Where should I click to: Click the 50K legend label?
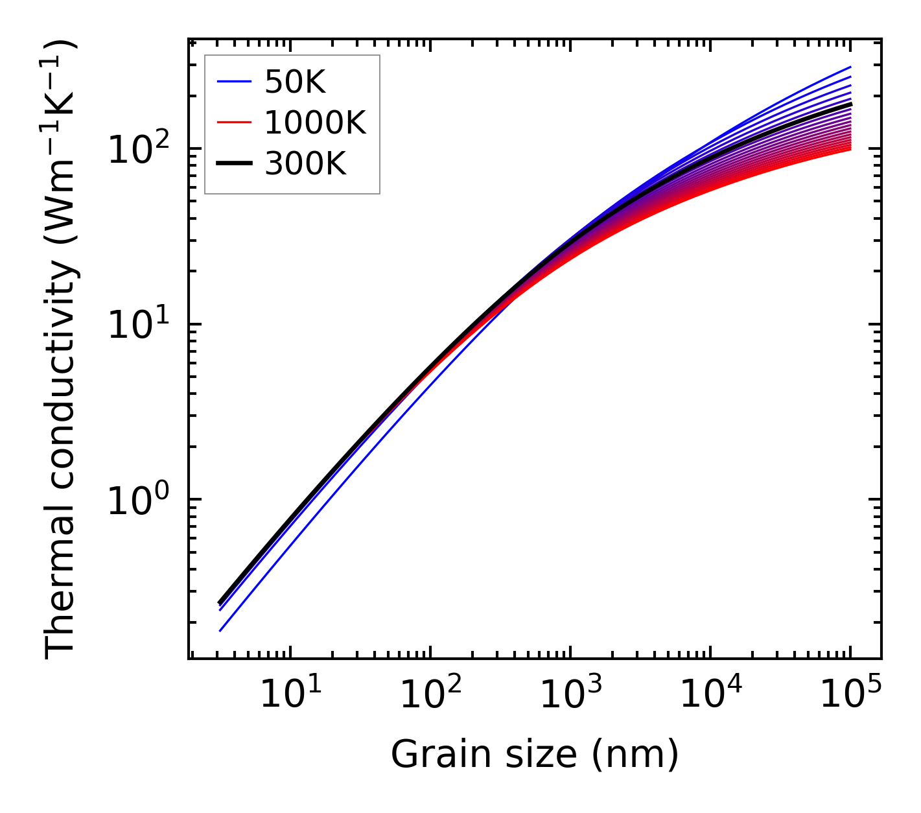point(295,82)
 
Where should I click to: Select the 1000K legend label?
point(315,123)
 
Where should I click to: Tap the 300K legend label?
point(305,164)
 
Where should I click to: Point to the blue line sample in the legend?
point(234,82)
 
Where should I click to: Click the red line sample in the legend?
point(234,123)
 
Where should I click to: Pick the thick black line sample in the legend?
point(234,164)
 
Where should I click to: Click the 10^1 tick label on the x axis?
point(289,696)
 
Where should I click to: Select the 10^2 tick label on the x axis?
point(429,696)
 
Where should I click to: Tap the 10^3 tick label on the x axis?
point(569,696)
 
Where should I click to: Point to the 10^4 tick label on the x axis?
point(710,696)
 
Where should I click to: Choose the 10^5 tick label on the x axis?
point(850,696)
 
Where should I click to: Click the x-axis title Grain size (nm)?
point(535,755)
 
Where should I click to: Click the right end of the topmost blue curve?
point(850,67)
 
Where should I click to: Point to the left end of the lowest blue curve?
point(220,630)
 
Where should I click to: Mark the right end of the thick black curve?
point(850,104)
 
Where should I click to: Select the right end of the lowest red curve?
point(850,150)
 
